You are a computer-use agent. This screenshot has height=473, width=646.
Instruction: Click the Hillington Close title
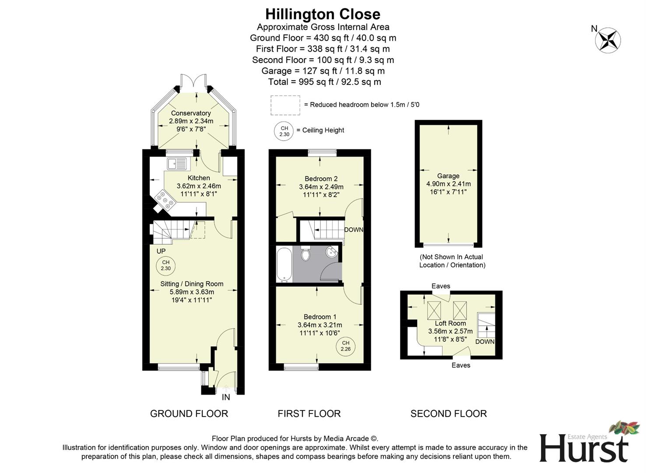point(323,14)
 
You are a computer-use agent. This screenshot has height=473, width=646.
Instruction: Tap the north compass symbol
point(607,40)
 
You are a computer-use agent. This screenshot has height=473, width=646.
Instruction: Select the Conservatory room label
point(191,113)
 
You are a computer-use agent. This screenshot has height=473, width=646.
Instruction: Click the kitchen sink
point(176,163)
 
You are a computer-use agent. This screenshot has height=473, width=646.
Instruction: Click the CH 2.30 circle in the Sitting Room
point(165,265)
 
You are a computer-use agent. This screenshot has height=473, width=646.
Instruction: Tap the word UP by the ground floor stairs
point(161,251)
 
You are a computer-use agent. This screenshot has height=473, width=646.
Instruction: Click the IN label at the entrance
point(226,397)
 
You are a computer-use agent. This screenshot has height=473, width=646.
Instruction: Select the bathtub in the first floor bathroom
point(284,264)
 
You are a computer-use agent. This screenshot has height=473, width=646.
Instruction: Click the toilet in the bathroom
point(306,253)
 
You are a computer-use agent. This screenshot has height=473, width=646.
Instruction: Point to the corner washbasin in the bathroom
point(333,252)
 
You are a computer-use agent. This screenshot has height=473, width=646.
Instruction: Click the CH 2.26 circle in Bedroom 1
point(345,346)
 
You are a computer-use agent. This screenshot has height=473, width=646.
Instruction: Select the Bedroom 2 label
point(321,179)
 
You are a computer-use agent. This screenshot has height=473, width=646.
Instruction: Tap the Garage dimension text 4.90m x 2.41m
point(449,184)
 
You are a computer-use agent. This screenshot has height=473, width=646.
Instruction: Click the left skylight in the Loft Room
point(434,311)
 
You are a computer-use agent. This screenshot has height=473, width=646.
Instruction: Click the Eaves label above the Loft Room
point(441,286)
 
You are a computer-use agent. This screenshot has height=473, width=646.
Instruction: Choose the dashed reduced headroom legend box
point(285,105)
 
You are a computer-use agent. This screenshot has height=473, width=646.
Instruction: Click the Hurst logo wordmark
point(583,448)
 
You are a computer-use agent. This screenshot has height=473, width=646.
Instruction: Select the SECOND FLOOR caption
point(449,413)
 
